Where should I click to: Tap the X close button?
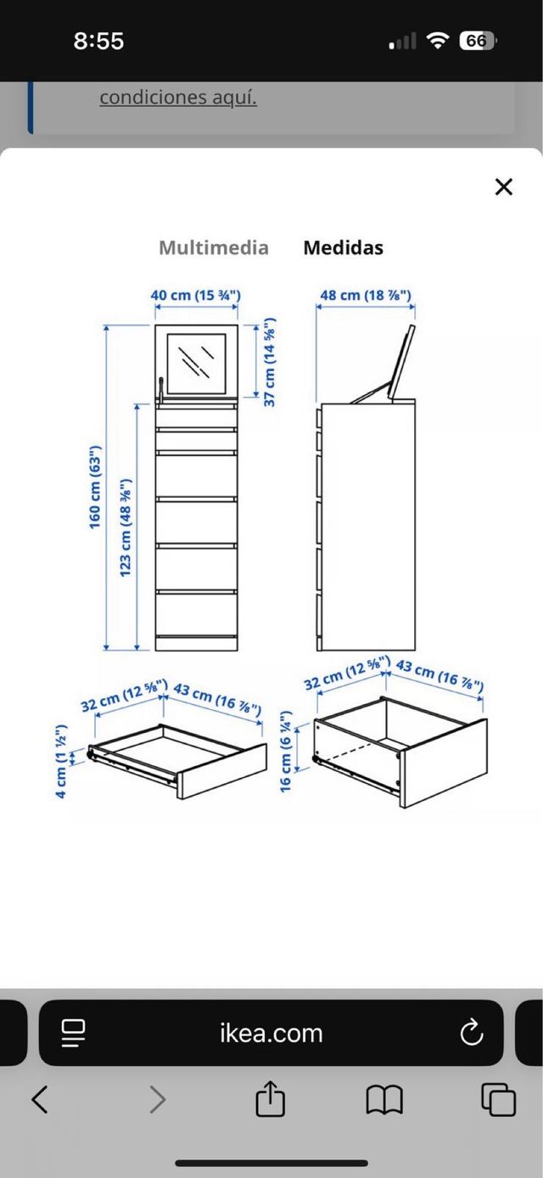pyautogui.click(x=504, y=187)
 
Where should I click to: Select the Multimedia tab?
pyautogui.click(x=214, y=248)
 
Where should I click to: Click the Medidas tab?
pyautogui.click(x=344, y=248)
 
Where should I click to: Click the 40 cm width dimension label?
pyautogui.click(x=196, y=295)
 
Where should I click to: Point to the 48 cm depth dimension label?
pyautogui.click(x=366, y=295)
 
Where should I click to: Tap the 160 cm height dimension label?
pyautogui.click(x=94, y=487)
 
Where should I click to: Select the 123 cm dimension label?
pyautogui.click(x=125, y=527)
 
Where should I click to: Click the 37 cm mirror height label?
pyautogui.click(x=269, y=362)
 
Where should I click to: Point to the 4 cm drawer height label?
pyautogui.click(x=61, y=761)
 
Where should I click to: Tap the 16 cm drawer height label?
pyautogui.click(x=285, y=752)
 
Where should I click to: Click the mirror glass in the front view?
pyautogui.click(x=196, y=364)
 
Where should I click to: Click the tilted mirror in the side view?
pyautogui.click(x=402, y=362)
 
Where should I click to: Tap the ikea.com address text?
pyautogui.click(x=271, y=1034)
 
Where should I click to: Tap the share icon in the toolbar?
pyautogui.click(x=270, y=1099)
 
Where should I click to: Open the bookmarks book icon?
pyautogui.click(x=384, y=1100)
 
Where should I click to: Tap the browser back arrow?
pyautogui.click(x=40, y=1099)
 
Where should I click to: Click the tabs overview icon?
pyautogui.click(x=498, y=1099)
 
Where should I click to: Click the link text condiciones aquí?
pyautogui.click(x=178, y=98)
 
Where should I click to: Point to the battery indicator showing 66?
pyautogui.click(x=478, y=41)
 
